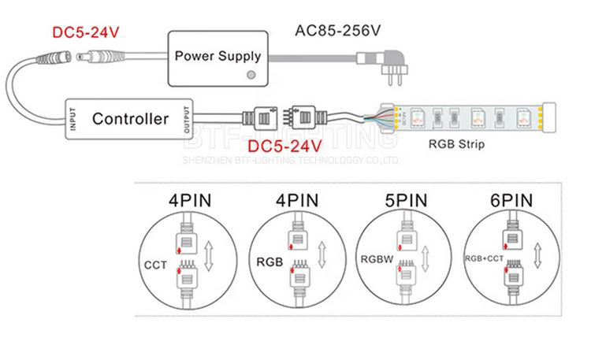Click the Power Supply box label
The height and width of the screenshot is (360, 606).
click(216, 55)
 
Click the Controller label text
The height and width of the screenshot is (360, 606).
click(130, 119)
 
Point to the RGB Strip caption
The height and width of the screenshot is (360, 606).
click(456, 144)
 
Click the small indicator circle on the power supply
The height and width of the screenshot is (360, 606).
click(251, 75)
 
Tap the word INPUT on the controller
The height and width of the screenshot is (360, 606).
click(71, 119)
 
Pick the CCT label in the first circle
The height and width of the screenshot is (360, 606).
click(156, 265)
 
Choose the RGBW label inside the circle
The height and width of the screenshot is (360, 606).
click(377, 259)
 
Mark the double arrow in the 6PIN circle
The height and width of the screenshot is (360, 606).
click(537, 257)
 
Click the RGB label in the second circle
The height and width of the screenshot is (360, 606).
click(269, 258)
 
